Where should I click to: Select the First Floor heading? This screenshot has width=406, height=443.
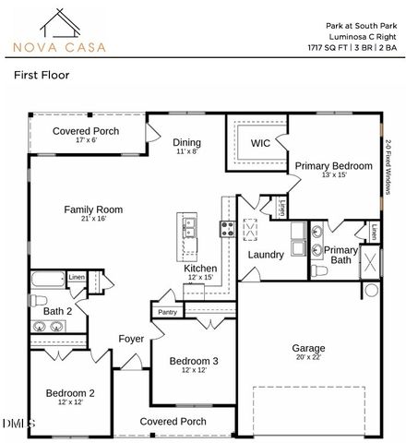[43, 80]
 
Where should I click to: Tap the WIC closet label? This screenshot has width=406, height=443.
[260, 143]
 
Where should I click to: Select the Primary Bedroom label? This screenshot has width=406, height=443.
[333, 167]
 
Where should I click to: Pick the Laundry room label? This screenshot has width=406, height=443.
[265, 254]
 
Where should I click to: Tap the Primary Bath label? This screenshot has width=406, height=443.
[340, 255]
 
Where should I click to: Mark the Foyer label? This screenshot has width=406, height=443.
[131, 339]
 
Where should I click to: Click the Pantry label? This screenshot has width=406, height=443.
[167, 312]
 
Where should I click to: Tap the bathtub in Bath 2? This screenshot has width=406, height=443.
[47, 280]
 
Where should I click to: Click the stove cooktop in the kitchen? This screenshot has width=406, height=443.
[227, 227]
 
